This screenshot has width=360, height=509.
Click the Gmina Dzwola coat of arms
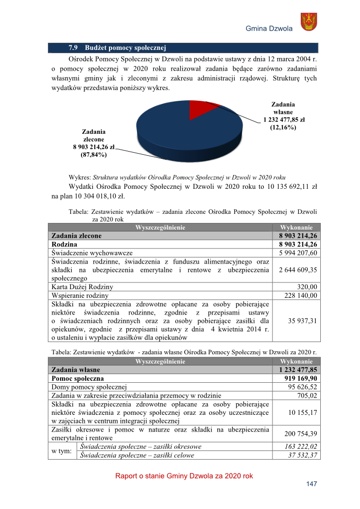click(x=309, y=22)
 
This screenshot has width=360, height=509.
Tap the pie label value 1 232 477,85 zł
click(x=284, y=120)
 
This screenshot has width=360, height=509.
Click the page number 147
click(x=311, y=484)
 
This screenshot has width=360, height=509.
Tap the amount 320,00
click(x=308, y=287)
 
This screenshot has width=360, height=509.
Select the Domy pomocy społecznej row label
click(x=89, y=387)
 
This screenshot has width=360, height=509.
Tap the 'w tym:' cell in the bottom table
click(x=63, y=450)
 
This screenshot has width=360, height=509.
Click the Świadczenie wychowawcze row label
click(x=92, y=252)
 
